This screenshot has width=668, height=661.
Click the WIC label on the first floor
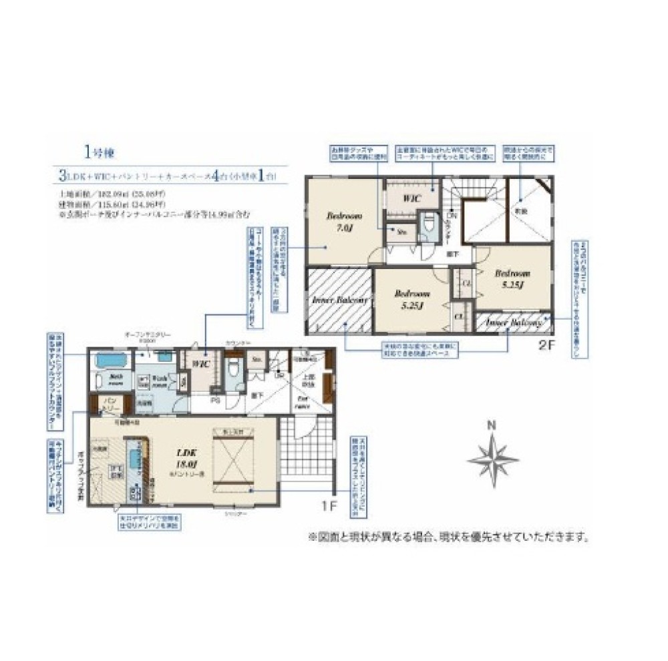[x=201, y=365]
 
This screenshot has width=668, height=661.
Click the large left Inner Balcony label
[x=340, y=300]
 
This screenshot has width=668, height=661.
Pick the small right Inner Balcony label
[x=512, y=322]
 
